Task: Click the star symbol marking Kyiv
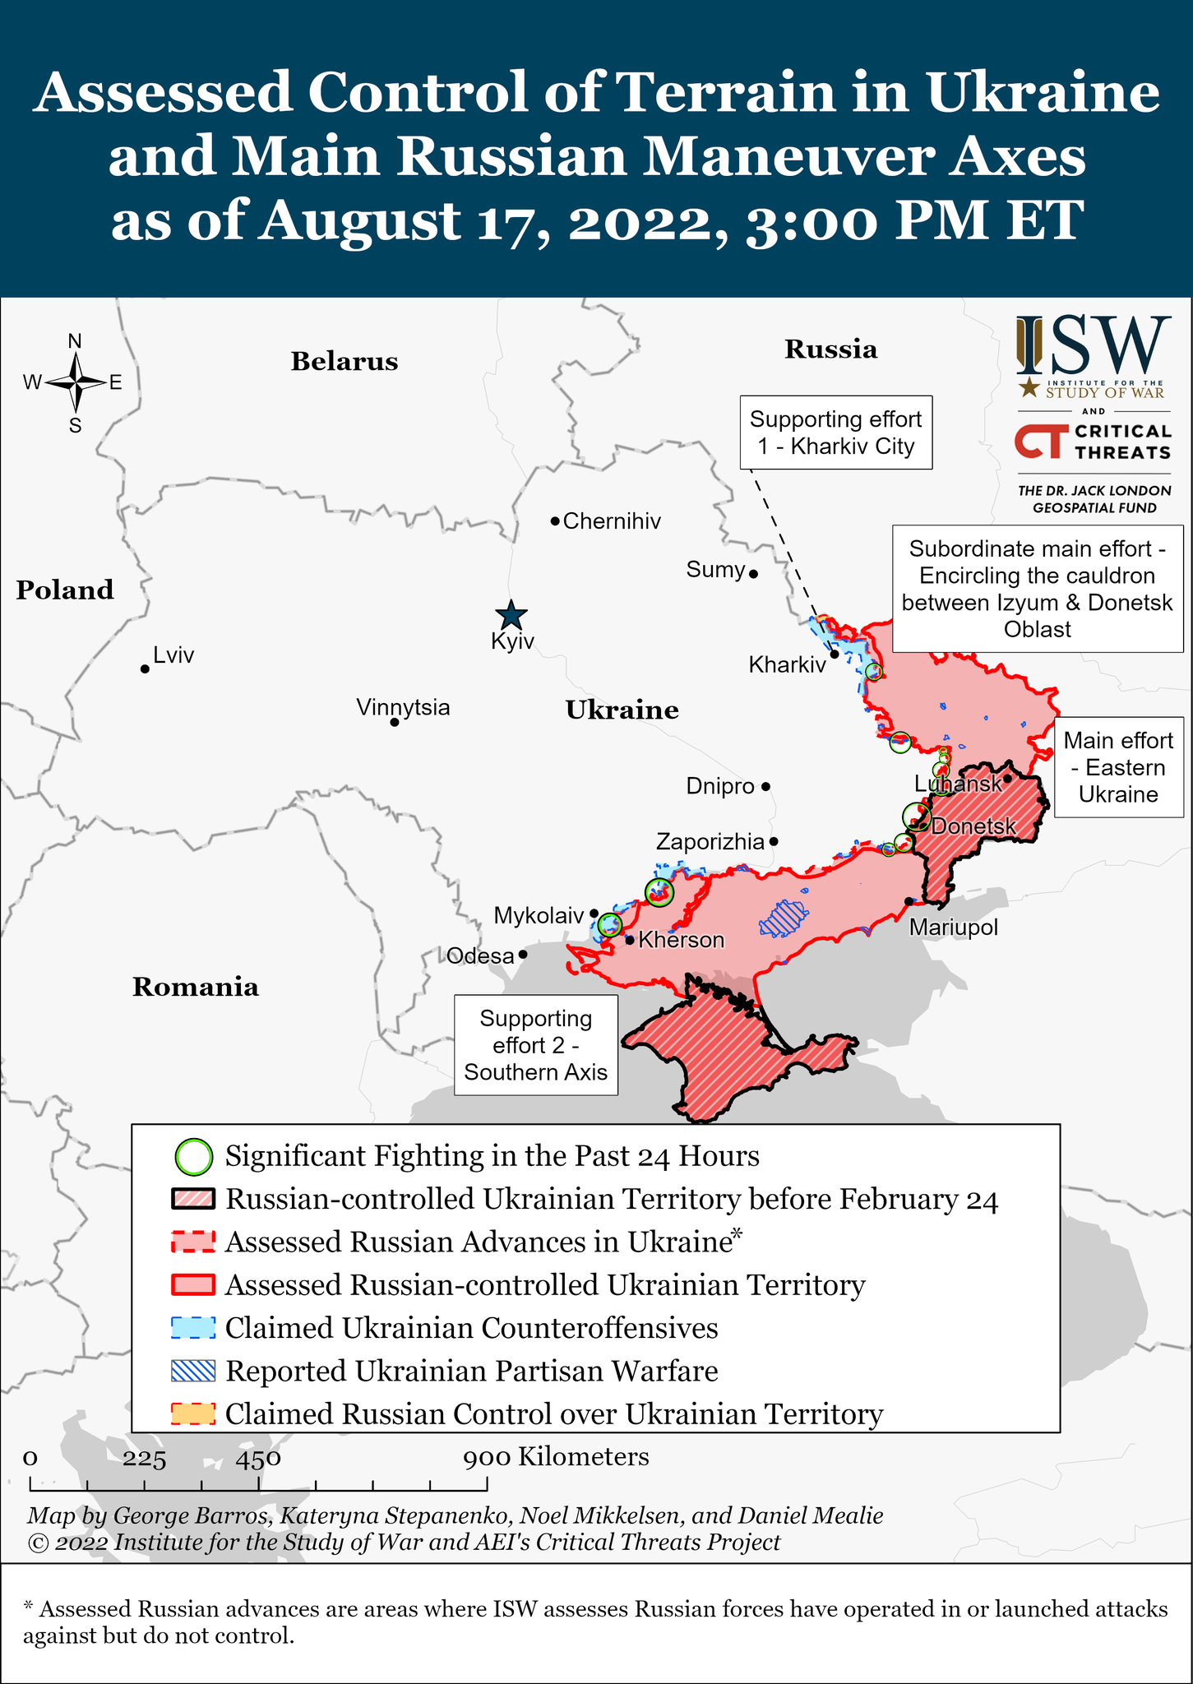point(511,615)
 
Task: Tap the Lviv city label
point(173,655)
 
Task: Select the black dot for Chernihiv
point(555,520)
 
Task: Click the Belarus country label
point(344,362)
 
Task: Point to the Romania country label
point(196,987)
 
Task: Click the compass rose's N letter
point(75,340)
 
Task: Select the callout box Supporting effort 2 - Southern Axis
point(536,1045)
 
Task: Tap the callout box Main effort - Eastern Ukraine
point(1118,767)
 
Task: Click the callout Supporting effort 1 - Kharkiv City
point(835,433)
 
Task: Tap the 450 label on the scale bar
point(259,1459)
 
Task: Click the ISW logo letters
point(1094,345)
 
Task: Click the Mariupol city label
point(953,928)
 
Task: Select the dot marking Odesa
point(523,955)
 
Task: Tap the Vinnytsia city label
point(403,707)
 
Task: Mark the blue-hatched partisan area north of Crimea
point(783,918)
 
